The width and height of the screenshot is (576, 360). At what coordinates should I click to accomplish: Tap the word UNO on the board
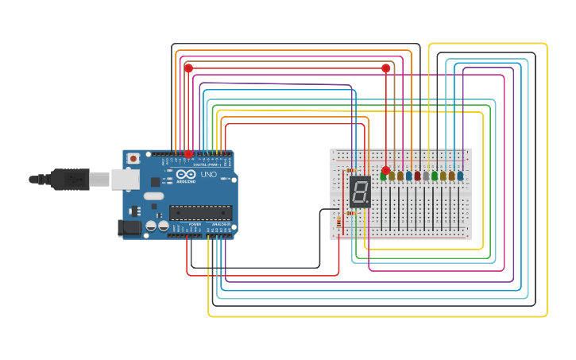pos(209,175)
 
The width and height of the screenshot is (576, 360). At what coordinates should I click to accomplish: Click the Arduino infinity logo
pos(186,174)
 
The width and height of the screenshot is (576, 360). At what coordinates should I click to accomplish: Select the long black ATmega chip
pos(200,212)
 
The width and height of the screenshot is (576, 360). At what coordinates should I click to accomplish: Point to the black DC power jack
pos(129,228)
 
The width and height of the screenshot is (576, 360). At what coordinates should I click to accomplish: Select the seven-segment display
pos(360,192)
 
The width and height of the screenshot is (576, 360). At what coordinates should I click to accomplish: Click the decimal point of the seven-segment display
pos(368,203)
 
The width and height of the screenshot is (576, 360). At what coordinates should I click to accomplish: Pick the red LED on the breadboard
pos(417,176)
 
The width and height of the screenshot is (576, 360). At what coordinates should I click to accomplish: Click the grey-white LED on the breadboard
pos(426,176)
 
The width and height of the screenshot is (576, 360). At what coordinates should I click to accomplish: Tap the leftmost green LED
pos(383,176)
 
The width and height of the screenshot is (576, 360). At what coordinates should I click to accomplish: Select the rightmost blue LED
pos(460,176)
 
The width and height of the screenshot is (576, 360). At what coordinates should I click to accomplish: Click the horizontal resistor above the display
pos(350,170)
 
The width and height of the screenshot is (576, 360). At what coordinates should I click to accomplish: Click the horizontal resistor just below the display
pos(350,213)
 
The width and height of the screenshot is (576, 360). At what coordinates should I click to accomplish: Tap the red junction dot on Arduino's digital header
pos(188,153)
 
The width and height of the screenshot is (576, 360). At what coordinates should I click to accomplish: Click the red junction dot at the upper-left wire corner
pos(188,68)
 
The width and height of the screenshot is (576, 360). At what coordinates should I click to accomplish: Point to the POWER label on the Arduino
pos(195,225)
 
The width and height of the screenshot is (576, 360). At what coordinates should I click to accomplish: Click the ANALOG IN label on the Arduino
pos(219,225)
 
